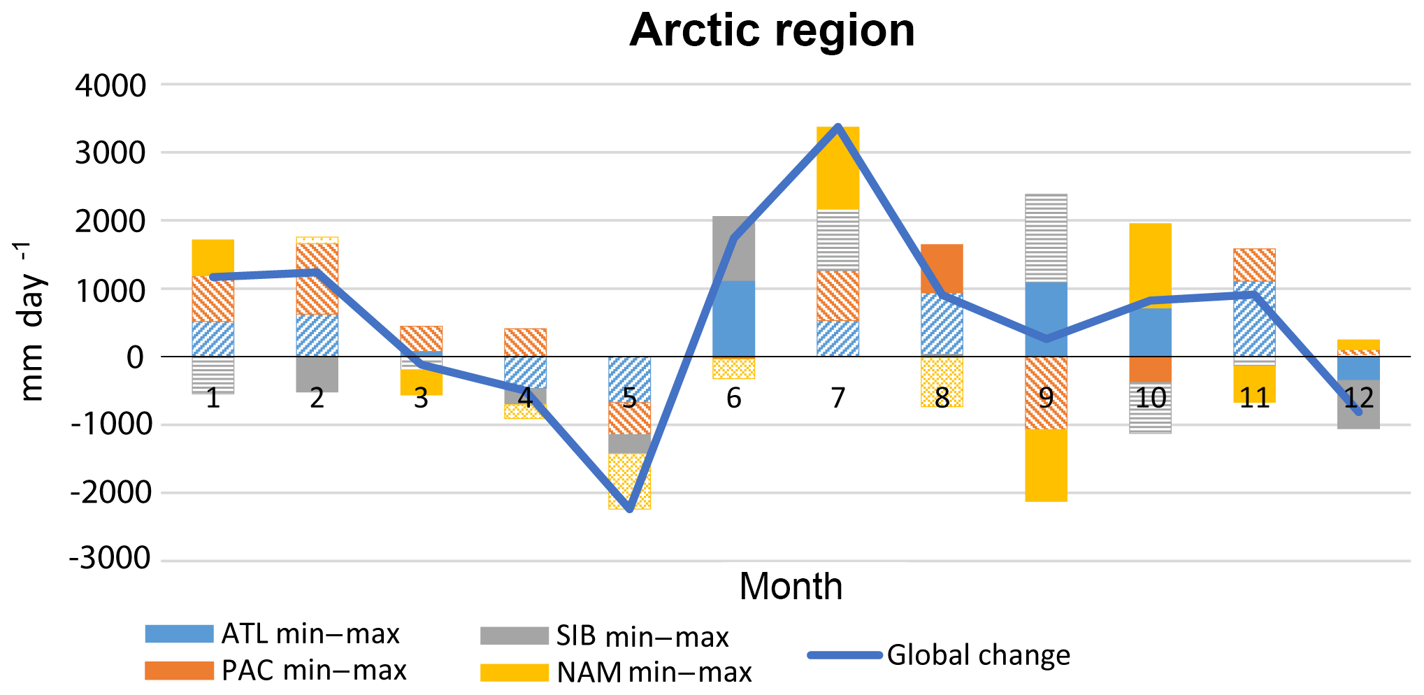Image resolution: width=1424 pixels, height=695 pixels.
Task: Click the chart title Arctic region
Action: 772,31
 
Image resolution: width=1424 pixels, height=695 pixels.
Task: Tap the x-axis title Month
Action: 791,586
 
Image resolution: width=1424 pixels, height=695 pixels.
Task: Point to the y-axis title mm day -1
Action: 31,322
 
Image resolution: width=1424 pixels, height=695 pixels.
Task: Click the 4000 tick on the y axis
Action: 110,86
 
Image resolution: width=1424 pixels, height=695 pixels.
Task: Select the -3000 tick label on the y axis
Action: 110,559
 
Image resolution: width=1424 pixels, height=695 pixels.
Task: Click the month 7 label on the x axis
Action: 837,398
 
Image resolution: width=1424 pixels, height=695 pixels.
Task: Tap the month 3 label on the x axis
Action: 421,398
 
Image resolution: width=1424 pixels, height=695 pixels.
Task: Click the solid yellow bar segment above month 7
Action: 837,168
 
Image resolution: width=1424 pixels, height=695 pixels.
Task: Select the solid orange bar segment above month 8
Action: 942,268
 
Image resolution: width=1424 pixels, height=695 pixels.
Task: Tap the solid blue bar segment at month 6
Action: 733,318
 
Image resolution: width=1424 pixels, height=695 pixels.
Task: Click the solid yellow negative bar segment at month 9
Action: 1046,465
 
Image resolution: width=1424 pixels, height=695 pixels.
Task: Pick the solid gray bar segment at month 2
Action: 317,374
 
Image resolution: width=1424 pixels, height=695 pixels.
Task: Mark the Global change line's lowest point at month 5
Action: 629,510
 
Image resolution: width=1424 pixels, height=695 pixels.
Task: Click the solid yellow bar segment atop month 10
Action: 1150,265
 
